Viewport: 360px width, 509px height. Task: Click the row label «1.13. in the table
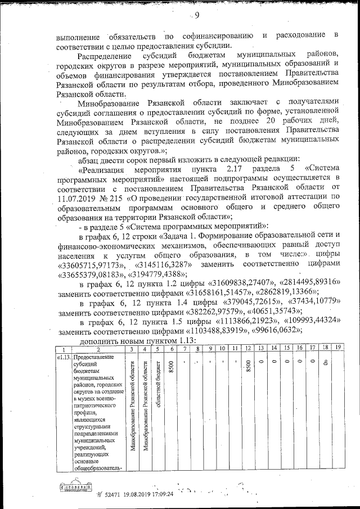64,357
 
